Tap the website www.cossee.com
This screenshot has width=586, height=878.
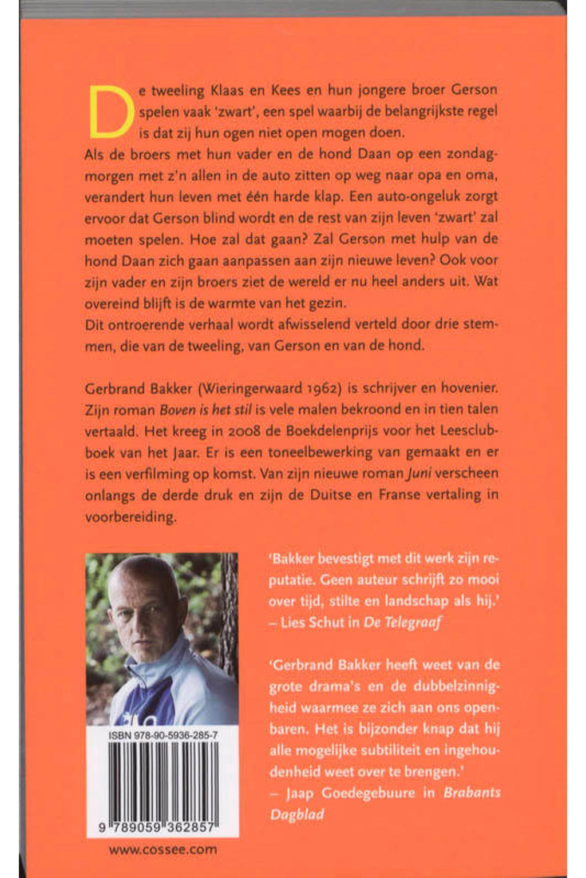163,849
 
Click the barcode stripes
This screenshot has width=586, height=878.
163,780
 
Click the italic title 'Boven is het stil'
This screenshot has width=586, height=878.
205,410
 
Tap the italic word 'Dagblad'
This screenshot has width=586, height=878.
296,814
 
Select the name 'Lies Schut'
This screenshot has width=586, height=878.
312,622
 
